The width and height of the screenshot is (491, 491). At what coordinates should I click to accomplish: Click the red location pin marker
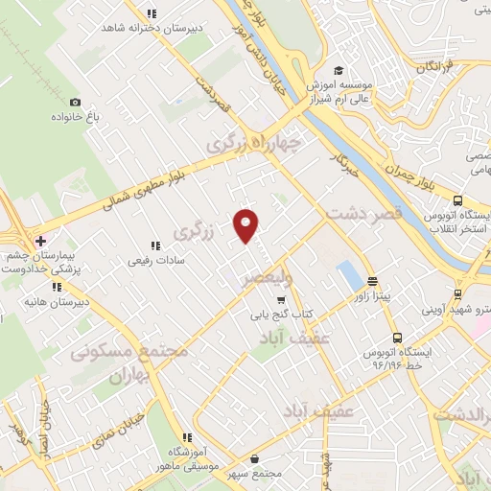click(246, 225)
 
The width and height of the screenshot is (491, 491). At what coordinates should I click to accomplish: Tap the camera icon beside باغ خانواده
click(75, 101)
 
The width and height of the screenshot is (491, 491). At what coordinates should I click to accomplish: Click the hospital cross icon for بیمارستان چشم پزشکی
click(39, 241)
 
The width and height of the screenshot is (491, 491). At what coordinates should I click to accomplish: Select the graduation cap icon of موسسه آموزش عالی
click(338, 70)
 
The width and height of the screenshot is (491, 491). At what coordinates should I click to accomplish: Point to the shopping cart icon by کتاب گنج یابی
click(281, 299)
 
